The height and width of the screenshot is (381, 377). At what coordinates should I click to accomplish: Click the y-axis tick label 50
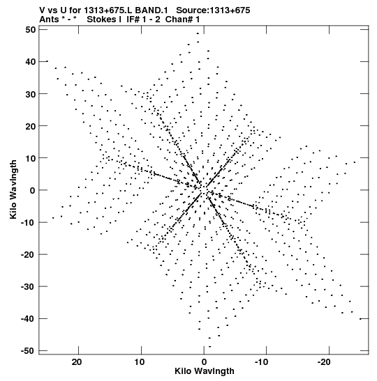(30, 30)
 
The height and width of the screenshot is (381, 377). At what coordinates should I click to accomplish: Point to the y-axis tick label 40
(30, 62)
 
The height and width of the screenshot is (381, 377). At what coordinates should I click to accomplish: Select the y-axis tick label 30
(30, 94)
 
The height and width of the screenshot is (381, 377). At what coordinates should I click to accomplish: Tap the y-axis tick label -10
(28, 222)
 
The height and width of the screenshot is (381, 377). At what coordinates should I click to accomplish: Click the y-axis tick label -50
(28, 351)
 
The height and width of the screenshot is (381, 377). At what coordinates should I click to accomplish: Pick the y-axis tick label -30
(28, 287)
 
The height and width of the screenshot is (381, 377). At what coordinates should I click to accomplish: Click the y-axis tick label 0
(33, 190)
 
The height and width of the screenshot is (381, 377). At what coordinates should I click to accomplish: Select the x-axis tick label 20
(77, 362)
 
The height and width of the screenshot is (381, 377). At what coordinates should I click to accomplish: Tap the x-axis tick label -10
(261, 362)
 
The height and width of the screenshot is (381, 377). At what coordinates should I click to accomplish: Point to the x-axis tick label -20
(324, 362)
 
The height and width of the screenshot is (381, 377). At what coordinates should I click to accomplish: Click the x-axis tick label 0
(204, 362)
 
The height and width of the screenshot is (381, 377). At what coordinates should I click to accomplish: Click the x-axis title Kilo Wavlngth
(205, 371)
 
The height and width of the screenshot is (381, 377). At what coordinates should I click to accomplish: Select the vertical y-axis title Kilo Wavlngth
(13, 189)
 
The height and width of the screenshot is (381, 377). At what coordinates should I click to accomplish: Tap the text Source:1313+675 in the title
(213, 10)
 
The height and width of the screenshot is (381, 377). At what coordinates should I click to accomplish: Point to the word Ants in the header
(49, 20)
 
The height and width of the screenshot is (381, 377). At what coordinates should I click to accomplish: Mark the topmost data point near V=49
(198, 33)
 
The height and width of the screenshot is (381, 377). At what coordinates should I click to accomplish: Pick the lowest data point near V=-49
(210, 346)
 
